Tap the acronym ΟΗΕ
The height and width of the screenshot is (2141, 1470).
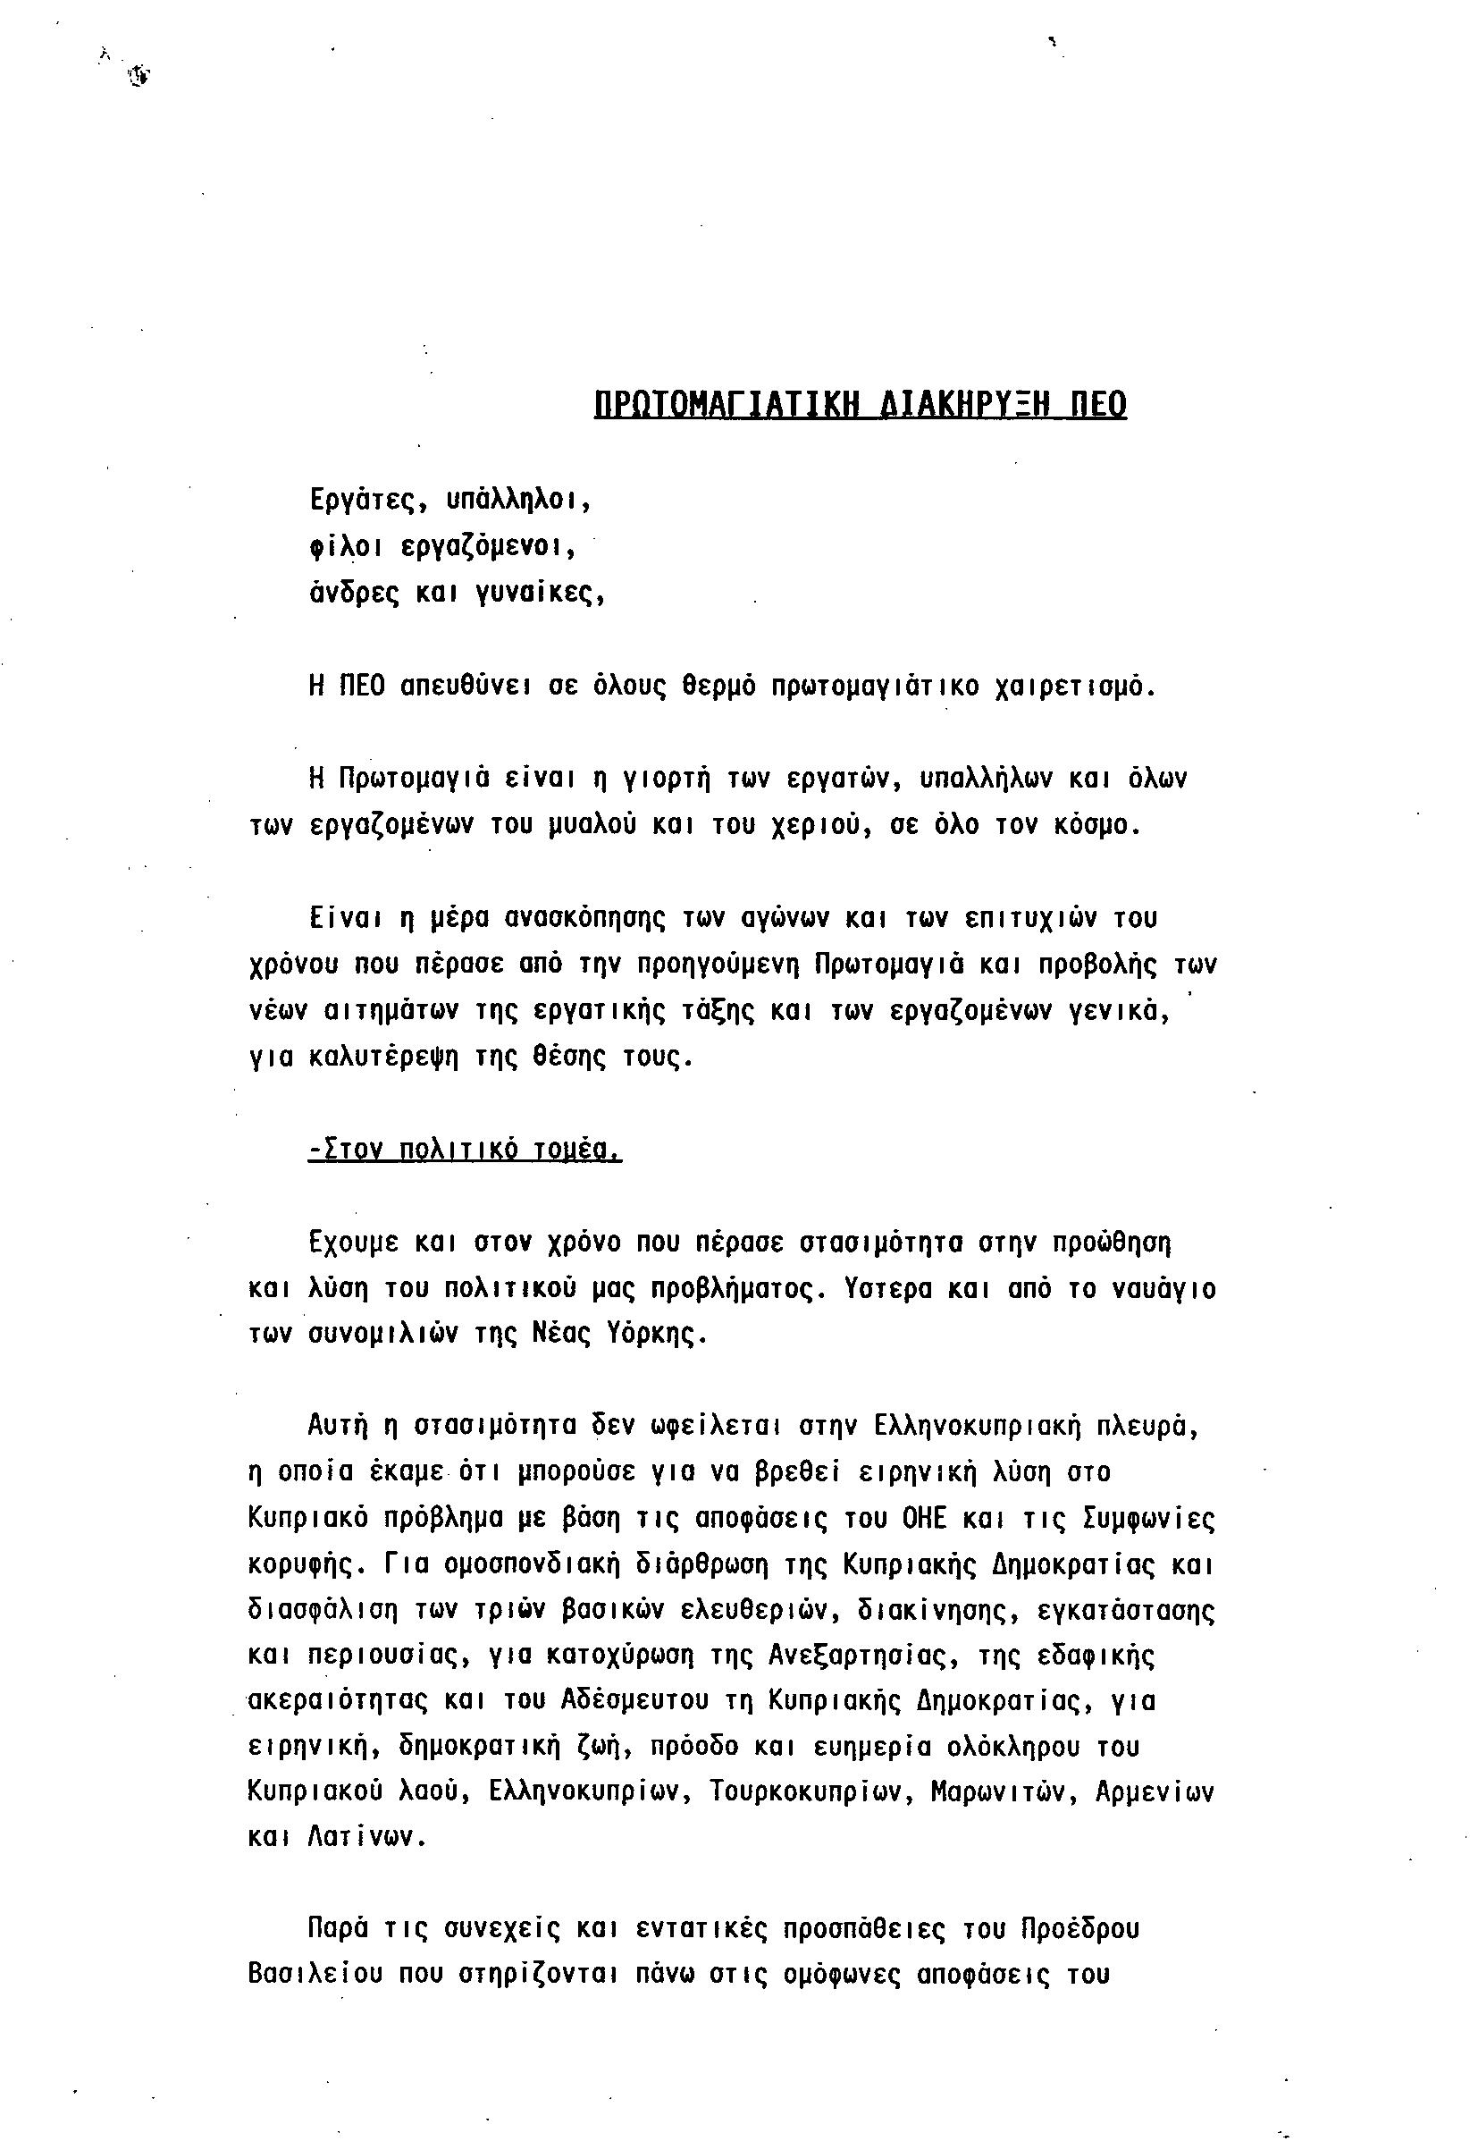pyautogui.click(x=924, y=1519)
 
